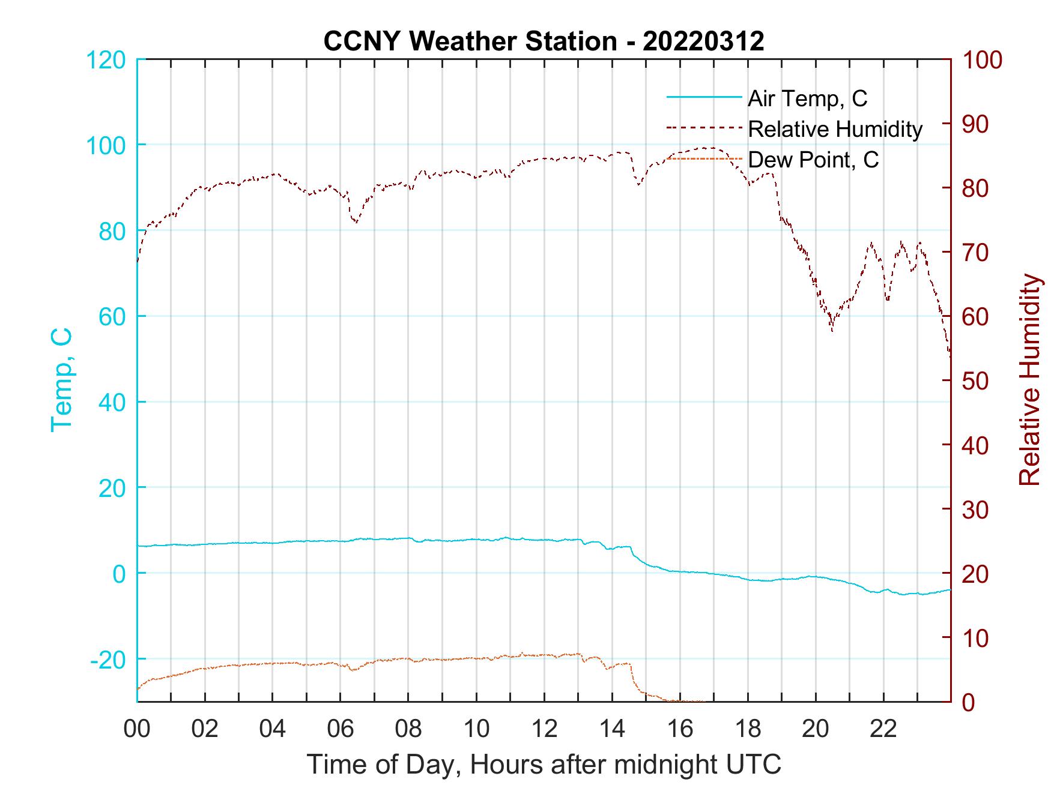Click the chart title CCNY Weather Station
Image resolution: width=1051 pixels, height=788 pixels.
click(x=544, y=41)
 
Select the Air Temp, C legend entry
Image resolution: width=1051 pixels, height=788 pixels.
click(x=807, y=98)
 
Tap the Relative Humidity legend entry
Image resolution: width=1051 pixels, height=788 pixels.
click(x=835, y=129)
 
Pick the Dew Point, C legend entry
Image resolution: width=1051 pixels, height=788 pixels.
click(x=813, y=160)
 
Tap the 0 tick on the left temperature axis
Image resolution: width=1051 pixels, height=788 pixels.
click(x=119, y=574)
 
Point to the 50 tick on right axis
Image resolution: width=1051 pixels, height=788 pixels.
click(x=977, y=381)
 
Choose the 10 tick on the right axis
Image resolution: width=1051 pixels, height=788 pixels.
click(x=977, y=638)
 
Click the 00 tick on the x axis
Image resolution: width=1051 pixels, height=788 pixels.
click(x=137, y=729)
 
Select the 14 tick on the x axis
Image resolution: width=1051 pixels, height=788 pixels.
click(x=612, y=729)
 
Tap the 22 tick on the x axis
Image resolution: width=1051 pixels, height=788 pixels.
click(x=883, y=729)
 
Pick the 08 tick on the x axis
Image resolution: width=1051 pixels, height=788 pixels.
click(x=408, y=729)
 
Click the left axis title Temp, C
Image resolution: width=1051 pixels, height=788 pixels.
click(x=61, y=379)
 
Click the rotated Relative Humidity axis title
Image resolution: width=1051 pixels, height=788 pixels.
click(x=1029, y=379)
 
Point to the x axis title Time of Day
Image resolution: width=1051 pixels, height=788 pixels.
click(x=544, y=765)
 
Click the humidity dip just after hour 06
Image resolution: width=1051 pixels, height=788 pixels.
click(x=356, y=222)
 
